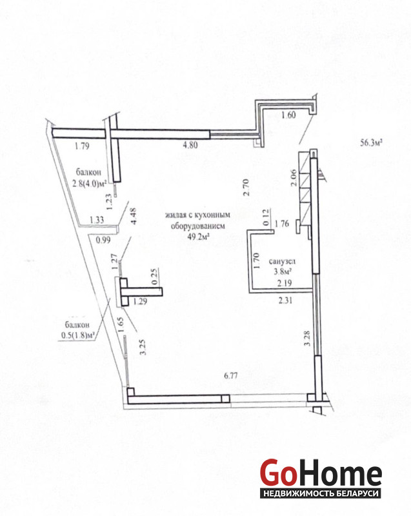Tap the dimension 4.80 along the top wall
click(x=190, y=146)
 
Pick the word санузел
click(x=282, y=262)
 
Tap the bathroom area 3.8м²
click(x=283, y=272)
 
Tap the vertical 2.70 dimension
click(x=246, y=188)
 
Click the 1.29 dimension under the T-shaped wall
click(x=139, y=301)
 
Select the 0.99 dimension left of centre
click(x=102, y=240)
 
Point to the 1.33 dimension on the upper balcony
click(x=97, y=219)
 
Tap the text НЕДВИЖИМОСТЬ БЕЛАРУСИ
click(x=320, y=493)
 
